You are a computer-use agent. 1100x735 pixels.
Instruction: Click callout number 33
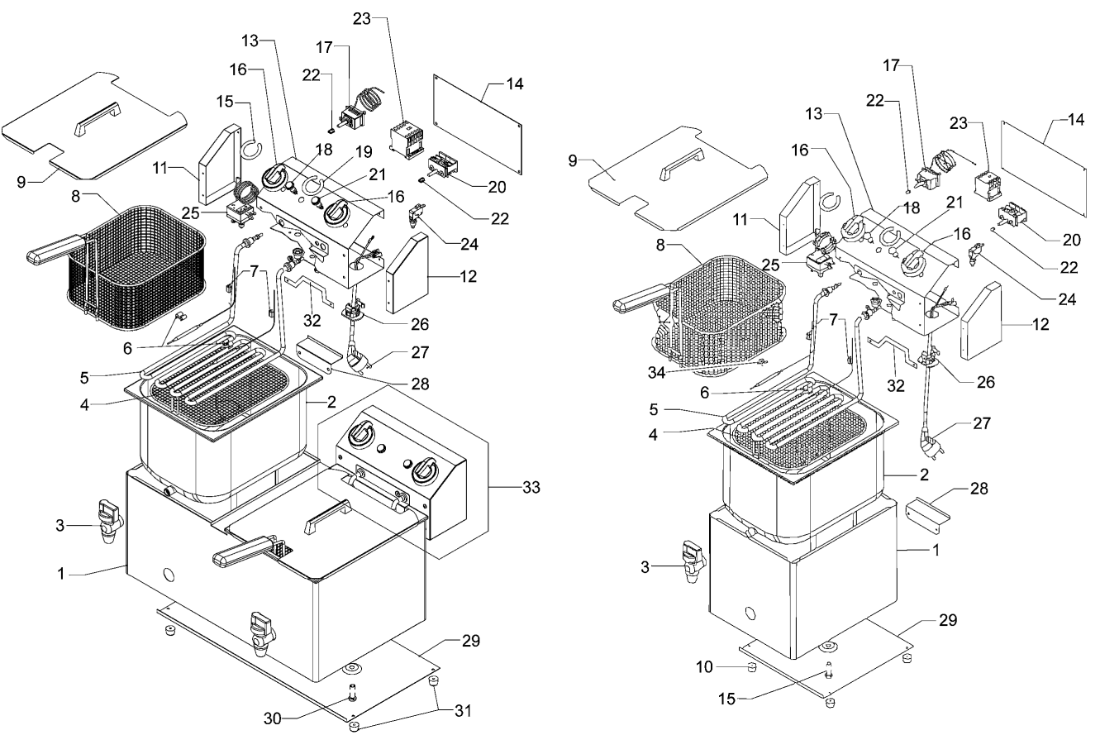pyautogui.click(x=531, y=487)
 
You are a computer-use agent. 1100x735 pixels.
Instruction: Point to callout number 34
pyautogui.click(x=656, y=373)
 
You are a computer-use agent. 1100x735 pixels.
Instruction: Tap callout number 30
pyautogui.click(x=273, y=718)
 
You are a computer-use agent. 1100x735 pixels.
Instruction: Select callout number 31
pyautogui.click(x=463, y=710)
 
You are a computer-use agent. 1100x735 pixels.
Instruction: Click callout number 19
pyautogui.click(x=364, y=152)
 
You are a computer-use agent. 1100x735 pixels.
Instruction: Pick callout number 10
pyautogui.click(x=704, y=666)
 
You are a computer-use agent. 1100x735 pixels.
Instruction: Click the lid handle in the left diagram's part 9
pyautogui.click(x=98, y=118)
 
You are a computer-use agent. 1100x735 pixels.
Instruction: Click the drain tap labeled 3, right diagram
pyautogui.click(x=692, y=561)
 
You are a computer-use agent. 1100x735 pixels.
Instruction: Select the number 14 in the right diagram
pyautogui.click(x=1075, y=119)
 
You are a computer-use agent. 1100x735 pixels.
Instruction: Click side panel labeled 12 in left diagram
pyautogui.click(x=407, y=273)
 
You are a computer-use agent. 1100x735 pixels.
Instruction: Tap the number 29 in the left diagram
pyautogui.click(x=470, y=641)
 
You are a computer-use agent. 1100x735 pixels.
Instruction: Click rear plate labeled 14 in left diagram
pyautogui.click(x=478, y=124)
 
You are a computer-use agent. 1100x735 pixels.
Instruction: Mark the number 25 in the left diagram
pyautogui.click(x=191, y=213)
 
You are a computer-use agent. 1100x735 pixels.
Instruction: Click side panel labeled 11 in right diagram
pyautogui.click(x=799, y=216)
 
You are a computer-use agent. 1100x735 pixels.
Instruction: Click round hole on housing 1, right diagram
pyautogui.click(x=750, y=613)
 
